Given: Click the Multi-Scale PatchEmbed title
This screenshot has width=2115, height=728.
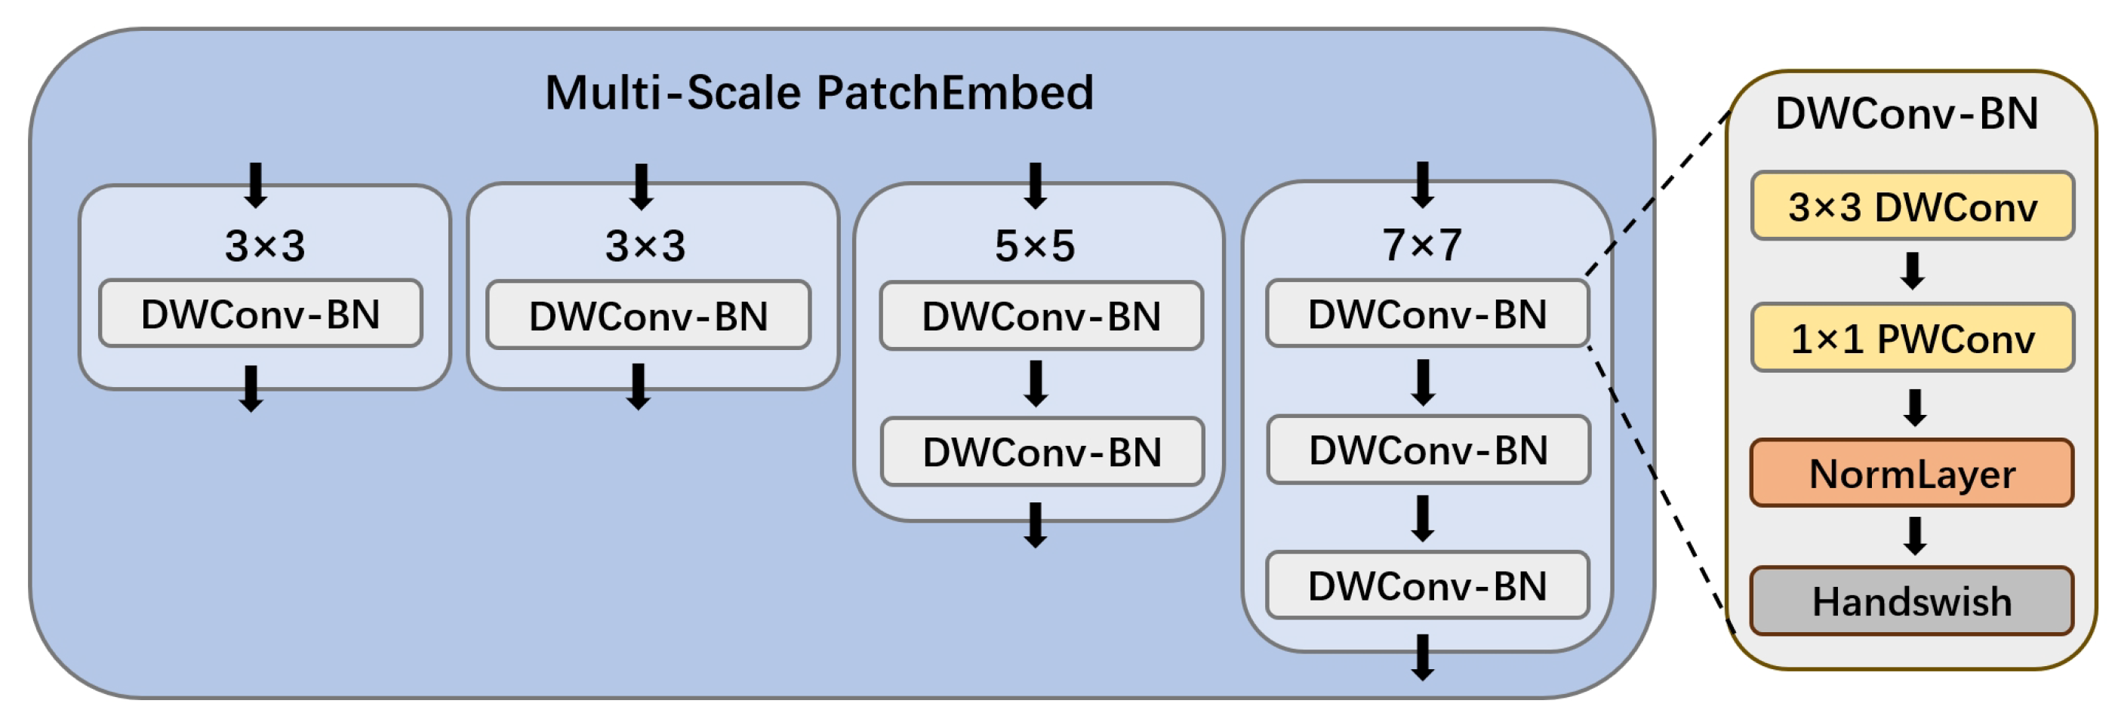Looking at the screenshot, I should [820, 93].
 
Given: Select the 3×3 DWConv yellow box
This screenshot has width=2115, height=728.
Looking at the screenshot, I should [1912, 206].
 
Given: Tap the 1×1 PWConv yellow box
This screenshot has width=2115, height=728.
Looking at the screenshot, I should [1912, 338].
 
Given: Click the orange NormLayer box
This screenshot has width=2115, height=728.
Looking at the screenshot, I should [1912, 474].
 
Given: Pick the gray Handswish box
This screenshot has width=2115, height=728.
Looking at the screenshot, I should [1912, 601].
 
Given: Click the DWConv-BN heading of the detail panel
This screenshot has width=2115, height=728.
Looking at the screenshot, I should [1907, 113].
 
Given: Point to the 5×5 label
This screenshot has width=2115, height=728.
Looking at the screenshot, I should [1035, 245].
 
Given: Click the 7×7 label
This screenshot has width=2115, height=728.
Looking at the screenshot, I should [1422, 244].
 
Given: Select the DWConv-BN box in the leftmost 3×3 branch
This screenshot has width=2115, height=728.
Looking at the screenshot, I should [261, 315].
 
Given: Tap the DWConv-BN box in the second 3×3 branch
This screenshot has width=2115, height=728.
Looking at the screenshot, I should [648, 316].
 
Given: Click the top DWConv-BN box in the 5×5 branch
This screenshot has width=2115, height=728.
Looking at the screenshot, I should [1041, 316].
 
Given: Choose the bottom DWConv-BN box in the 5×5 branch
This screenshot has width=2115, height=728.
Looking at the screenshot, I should [1042, 452].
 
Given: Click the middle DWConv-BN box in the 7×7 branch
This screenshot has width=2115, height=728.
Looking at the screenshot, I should [1429, 450].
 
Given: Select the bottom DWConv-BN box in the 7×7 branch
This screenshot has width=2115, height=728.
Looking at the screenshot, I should [1428, 585].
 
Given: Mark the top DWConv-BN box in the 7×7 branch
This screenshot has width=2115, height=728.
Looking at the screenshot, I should [1428, 315].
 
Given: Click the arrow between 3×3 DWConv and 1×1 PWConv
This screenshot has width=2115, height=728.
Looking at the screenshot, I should [1912, 271].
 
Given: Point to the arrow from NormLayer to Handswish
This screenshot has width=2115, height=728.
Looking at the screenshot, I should [1915, 536].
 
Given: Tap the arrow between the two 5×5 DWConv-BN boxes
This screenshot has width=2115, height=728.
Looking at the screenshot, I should [1036, 383].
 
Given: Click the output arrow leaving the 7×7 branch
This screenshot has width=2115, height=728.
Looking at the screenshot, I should [1423, 657].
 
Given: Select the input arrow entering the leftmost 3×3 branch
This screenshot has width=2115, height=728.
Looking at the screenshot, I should [256, 185].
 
